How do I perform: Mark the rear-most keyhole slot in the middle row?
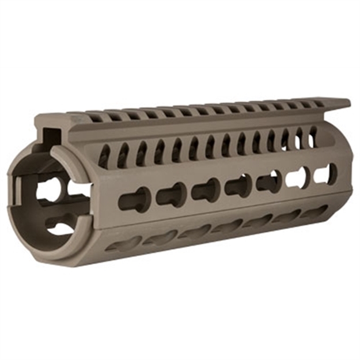325,173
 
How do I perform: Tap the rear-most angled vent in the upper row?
312,137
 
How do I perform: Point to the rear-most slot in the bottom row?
316,211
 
